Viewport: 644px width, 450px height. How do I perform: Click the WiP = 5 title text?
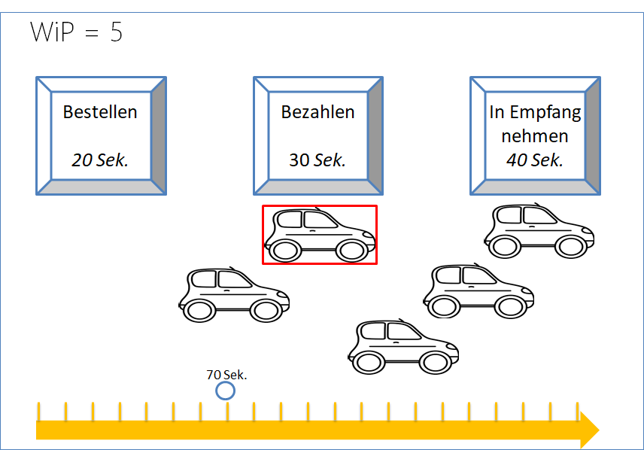point(76,33)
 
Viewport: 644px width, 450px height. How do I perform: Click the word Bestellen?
point(100,112)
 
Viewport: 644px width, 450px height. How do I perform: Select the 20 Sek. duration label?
point(100,160)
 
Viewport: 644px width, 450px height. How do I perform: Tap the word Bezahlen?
point(317,112)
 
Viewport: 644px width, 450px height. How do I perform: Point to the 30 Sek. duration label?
point(317,160)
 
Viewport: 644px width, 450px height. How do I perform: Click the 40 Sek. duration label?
point(535,160)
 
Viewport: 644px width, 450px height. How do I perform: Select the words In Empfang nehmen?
point(535,124)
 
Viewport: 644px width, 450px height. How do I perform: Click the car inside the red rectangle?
point(320,235)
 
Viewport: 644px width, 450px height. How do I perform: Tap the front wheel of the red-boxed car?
point(351,251)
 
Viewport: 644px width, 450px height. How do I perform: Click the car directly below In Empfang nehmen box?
point(539,231)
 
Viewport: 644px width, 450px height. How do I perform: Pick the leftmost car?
point(234,294)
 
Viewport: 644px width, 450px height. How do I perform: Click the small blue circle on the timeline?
point(225,391)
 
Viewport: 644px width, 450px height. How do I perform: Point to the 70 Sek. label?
point(227,374)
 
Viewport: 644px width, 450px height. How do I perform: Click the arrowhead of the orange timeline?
point(589,430)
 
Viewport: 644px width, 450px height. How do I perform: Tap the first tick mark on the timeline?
point(39,412)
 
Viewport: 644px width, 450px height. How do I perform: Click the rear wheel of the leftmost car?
point(199,310)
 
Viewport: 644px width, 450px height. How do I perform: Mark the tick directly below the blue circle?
point(227,412)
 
